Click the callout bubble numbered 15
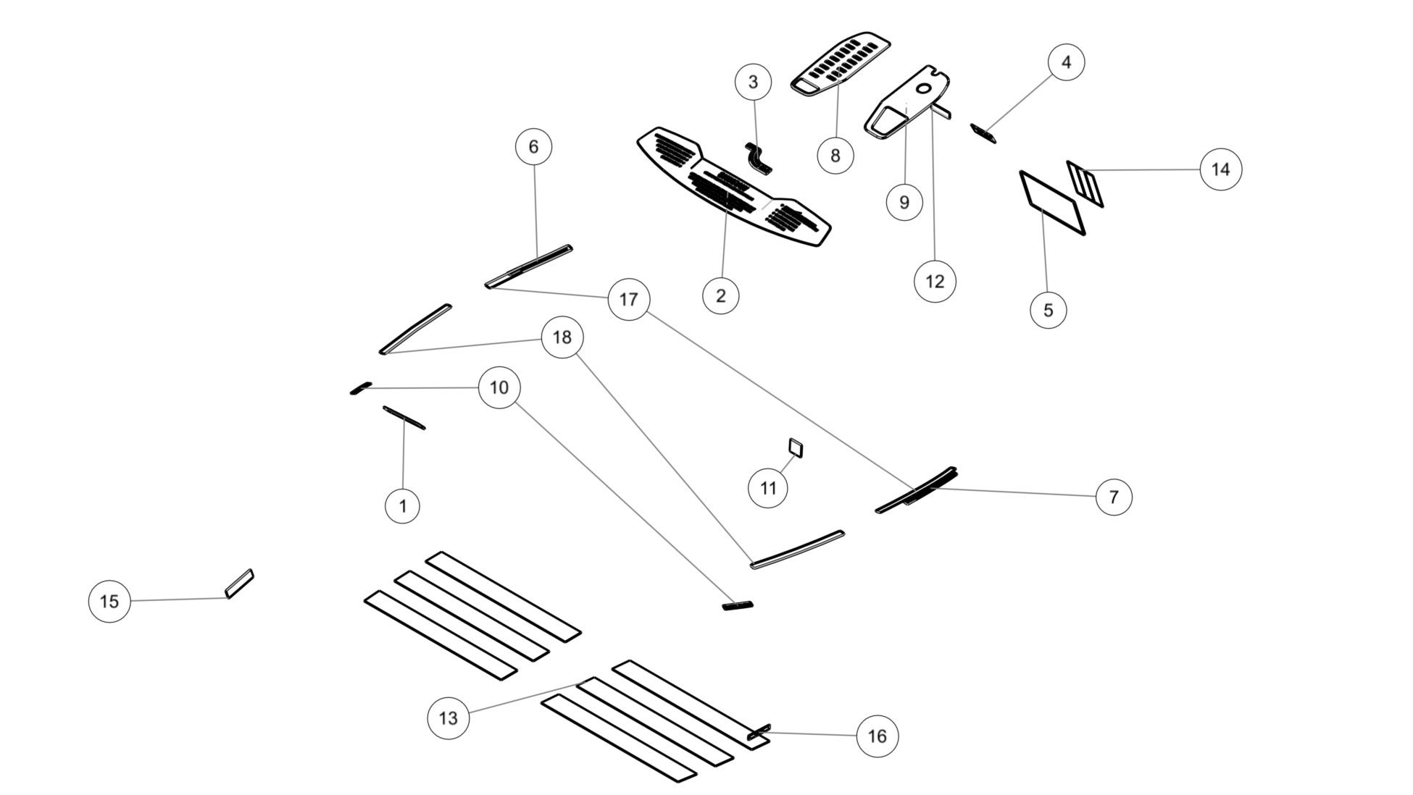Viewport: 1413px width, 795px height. pyautogui.click(x=109, y=601)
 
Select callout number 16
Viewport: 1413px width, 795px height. pyautogui.click(x=877, y=736)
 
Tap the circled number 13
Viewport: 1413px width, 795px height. pyautogui.click(x=448, y=718)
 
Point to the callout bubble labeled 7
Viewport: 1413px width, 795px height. pyautogui.click(x=1113, y=497)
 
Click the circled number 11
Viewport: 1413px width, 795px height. pyautogui.click(x=768, y=488)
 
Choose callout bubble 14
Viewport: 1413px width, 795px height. pyautogui.click(x=1221, y=169)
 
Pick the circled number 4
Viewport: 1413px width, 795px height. pyautogui.click(x=1066, y=62)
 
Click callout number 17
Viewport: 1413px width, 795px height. pyautogui.click(x=628, y=299)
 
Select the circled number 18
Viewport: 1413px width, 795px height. pyautogui.click(x=562, y=337)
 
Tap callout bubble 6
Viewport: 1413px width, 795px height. pyautogui.click(x=533, y=147)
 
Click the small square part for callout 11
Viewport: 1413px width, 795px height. pyautogui.click(x=796, y=448)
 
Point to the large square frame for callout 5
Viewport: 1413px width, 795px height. pyautogui.click(x=1052, y=203)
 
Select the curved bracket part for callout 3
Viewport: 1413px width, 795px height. pyautogui.click(x=758, y=158)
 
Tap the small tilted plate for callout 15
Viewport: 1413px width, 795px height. pyautogui.click(x=240, y=584)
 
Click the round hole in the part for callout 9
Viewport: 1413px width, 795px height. pyautogui.click(x=924, y=88)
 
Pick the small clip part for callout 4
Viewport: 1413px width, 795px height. pyautogui.click(x=983, y=133)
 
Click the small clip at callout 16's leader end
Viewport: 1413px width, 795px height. pyautogui.click(x=759, y=732)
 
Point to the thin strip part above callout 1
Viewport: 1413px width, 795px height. pyautogui.click(x=404, y=418)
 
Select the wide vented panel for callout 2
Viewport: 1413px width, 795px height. pyautogui.click(x=733, y=187)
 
